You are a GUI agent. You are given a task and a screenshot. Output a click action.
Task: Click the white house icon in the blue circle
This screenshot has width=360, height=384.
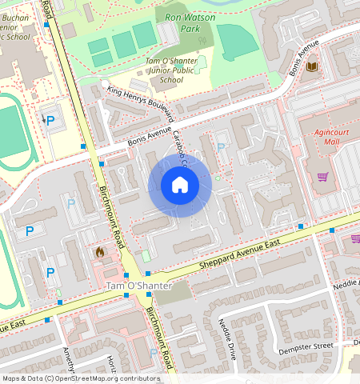[x=180, y=186]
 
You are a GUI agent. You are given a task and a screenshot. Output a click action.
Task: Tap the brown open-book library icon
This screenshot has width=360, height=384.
[x=313, y=66]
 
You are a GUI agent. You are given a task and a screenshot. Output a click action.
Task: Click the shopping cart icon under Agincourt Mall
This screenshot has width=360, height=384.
[x=322, y=177]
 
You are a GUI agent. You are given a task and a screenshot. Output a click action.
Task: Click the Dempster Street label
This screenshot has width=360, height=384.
[x=305, y=346]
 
